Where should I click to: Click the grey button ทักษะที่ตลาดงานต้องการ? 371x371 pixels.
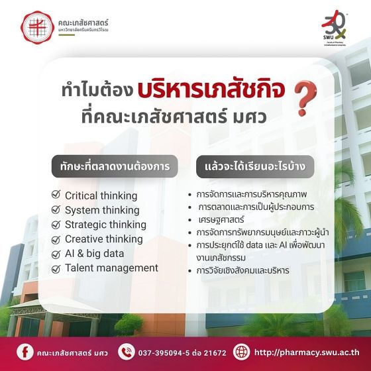point(115,167)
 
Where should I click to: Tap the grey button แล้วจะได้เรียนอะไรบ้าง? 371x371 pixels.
point(250,167)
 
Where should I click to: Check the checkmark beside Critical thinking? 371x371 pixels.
point(56,195)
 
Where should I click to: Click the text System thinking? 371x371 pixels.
point(102,210)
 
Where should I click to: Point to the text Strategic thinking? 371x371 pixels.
point(105,225)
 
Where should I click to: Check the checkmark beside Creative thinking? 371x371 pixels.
point(56,239)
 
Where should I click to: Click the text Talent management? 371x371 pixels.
point(111,268)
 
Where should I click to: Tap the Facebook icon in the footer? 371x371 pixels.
point(24,351)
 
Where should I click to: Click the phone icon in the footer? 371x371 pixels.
point(126,351)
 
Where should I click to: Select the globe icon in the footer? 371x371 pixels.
point(242,351)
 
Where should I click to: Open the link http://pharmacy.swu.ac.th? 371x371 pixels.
point(306,352)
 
